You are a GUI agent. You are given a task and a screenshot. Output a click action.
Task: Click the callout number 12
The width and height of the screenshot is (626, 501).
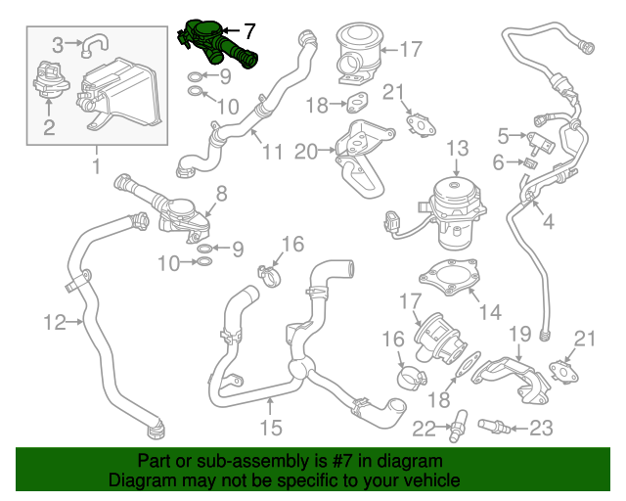pyautogui.click(x=55, y=320)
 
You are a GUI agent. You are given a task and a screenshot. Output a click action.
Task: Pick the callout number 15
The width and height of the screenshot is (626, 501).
pyautogui.click(x=270, y=428)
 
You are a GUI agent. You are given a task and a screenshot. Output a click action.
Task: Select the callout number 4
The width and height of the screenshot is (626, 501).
pyautogui.click(x=548, y=222)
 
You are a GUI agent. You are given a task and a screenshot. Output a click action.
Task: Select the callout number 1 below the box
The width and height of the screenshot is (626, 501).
pyautogui.click(x=96, y=165)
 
